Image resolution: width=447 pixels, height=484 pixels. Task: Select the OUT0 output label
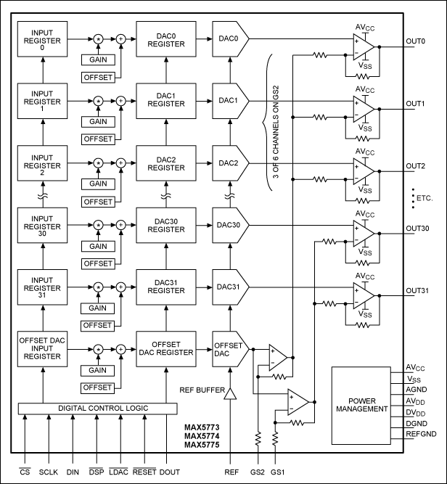click(x=417, y=41)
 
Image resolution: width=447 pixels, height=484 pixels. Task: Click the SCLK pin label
click(x=49, y=472)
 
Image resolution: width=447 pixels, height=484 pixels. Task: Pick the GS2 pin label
click(x=256, y=472)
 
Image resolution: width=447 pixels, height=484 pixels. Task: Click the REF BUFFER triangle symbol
click(x=230, y=394)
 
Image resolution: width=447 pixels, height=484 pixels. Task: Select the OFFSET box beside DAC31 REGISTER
click(x=98, y=326)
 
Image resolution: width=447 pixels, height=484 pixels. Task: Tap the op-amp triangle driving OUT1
click(x=364, y=109)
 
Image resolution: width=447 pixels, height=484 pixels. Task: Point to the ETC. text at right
click(x=422, y=197)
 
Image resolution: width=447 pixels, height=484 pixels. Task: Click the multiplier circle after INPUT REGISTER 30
click(x=96, y=226)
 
